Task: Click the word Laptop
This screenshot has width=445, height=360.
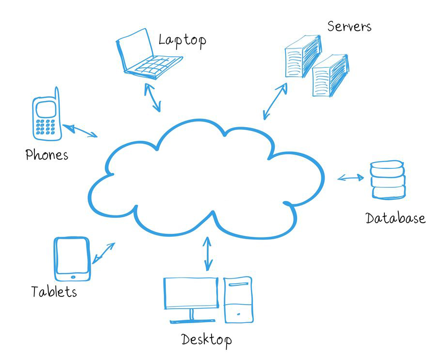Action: click(x=182, y=40)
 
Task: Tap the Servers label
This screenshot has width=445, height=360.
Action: click(x=349, y=26)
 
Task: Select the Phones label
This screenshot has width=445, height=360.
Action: click(x=47, y=155)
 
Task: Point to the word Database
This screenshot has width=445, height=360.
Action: click(x=395, y=218)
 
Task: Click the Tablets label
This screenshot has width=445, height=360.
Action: click(x=54, y=292)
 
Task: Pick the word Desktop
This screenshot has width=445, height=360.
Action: click(x=206, y=339)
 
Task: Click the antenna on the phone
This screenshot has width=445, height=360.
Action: click(x=57, y=97)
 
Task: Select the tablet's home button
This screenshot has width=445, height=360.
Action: click(x=73, y=277)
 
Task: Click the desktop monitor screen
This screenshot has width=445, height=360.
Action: click(x=191, y=293)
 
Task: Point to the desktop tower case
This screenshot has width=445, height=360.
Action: click(x=238, y=299)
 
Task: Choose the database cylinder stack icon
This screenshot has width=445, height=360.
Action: click(x=387, y=180)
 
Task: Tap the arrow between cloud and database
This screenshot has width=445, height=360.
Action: click(x=351, y=178)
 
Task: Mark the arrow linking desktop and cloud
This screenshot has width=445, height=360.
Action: click(x=208, y=253)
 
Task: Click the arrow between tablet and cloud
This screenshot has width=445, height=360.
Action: click(x=103, y=252)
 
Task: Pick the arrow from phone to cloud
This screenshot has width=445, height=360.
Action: click(x=80, y=131)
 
